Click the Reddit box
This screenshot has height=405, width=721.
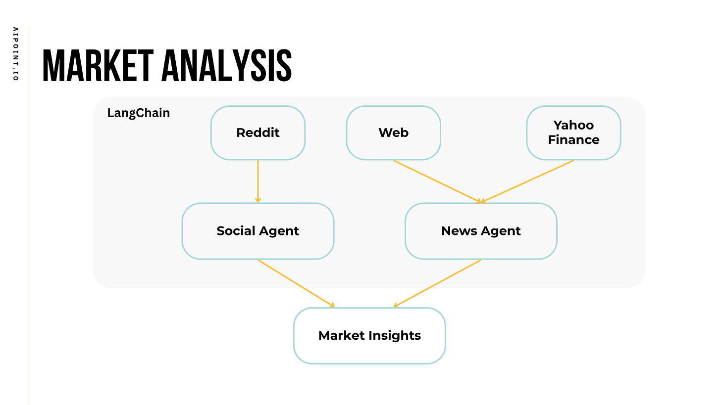(257, 133)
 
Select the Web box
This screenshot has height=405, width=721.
(393, 133)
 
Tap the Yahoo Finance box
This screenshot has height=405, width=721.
(573, 133)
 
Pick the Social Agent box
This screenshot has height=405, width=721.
(257, 231)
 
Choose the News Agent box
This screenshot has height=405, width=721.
(481, 231)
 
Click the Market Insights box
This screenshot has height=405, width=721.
(369, 335)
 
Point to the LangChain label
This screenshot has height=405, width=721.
(138, 113)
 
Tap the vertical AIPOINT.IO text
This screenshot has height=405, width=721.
(15, 54)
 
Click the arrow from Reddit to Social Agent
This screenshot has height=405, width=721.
(257, 181)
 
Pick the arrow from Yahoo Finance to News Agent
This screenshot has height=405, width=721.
(527, 181)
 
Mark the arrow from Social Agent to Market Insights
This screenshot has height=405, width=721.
(296, 283)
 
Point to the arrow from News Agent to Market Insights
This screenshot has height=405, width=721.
(437, 283)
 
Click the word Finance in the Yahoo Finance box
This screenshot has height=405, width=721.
(573, 140)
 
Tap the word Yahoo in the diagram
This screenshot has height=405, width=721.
(573, 125)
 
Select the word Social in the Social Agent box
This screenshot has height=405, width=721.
(235, 231)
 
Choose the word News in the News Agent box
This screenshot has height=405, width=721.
(458, 231)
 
